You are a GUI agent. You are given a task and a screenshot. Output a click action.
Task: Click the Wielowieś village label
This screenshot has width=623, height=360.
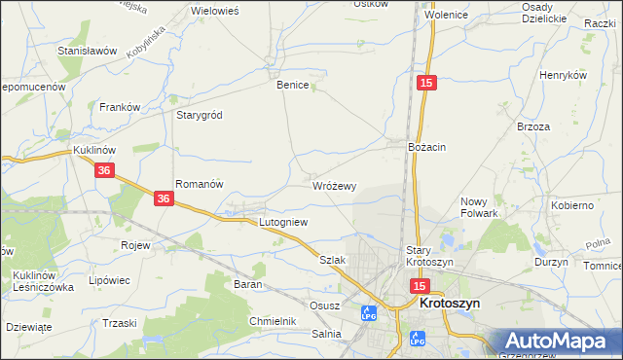pos(215,10)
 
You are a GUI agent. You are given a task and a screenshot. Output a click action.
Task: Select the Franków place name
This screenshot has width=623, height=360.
pos(121,107)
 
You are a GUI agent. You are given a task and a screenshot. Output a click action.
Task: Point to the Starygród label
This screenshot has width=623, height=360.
pos(199,115)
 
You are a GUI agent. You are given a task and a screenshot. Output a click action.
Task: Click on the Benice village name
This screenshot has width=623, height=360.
pos(292,86)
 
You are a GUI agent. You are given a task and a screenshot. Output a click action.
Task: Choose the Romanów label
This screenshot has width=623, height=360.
pos(200,184)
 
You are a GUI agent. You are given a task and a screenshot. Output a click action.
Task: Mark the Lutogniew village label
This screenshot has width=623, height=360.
pos(282,223)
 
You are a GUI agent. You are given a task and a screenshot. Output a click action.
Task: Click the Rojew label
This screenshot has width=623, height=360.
pos(134,245)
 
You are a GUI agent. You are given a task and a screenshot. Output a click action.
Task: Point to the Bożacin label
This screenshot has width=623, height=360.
pos(426,147)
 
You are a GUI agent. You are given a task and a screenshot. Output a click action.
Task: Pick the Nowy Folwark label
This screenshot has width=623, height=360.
pos(479,207)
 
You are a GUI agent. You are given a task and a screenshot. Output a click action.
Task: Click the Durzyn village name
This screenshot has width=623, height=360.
pos(551,263)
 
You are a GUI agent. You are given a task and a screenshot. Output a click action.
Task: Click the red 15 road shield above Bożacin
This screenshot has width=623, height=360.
pos(426,85)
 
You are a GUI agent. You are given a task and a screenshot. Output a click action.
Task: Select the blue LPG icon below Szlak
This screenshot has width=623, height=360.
pos(368,313)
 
